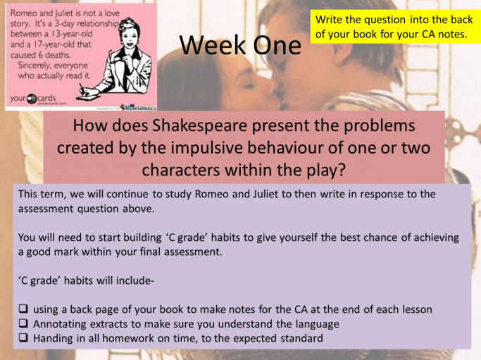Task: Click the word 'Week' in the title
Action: pyautogui.click(x=213, y=45)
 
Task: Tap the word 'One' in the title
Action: pyautogui.click(x=277, y=45)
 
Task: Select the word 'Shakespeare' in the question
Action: pyautogui.click(x=200, y=126)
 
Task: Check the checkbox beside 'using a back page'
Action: pyautogui.click(x=23, y=309)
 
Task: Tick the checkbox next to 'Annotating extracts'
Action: pyautogui.click(x=23, y=323)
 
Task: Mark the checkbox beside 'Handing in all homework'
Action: pyautogui.click(x=23, y=337)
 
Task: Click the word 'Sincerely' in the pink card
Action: pyautogui.click(x=35, y=66)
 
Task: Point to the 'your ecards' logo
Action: pyautogui.click(x=33, y=98)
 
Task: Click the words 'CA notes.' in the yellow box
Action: pyautogui.click(x=444, y=34)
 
